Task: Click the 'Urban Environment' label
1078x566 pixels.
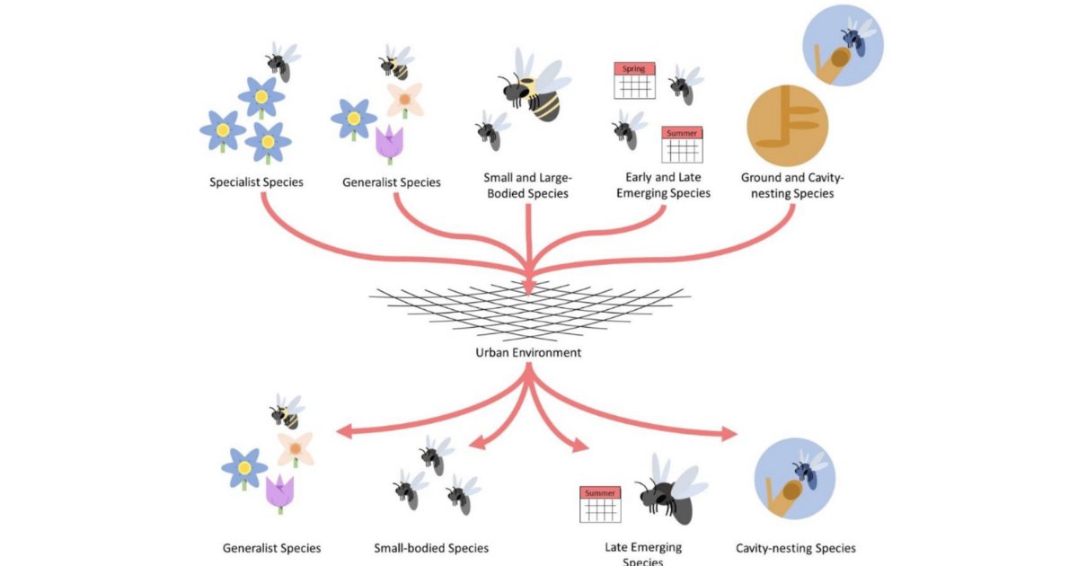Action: (528, 352)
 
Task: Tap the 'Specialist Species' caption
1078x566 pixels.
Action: (256, 182)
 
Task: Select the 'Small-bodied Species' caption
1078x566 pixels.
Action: (431, 548)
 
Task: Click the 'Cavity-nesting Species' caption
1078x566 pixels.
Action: (795, 548)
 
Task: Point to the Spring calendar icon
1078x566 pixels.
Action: (633, 80)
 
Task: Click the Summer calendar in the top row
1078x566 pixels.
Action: (682, 144)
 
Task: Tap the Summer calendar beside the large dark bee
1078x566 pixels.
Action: (601, 504)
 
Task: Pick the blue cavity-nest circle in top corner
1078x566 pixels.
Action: (844, 45)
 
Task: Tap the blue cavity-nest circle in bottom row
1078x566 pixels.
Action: (794, 479)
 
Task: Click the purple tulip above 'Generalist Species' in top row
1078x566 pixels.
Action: (388, 144)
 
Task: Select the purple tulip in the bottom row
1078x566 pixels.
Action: (280, 493)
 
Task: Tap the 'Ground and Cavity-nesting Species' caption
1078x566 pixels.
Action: (787, 186)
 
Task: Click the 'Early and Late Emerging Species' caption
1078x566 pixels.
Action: (667, 186)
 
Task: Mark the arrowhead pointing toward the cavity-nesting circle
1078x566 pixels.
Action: (728, 436)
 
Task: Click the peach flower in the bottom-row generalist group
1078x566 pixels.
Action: (295, 447)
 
